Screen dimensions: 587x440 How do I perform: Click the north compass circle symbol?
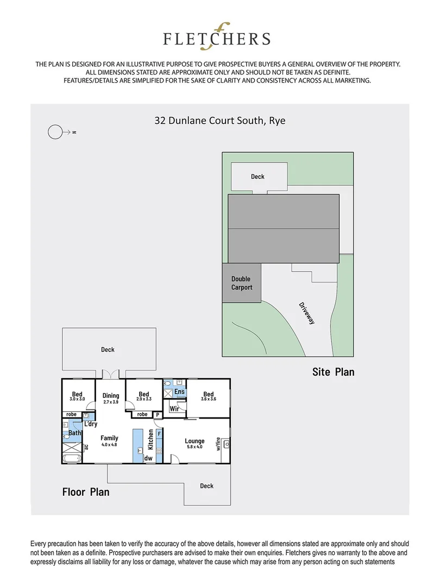coord(55,132)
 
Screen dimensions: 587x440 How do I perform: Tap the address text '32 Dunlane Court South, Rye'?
coord(220,120)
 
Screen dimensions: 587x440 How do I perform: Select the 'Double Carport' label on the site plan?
coord(241,283)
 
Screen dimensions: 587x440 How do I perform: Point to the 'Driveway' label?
coord(307,313)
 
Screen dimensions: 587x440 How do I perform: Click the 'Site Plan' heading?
coord(333,372)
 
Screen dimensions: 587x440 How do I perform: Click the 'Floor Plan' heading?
coord(85,492)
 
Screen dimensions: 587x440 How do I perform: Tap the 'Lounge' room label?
coord(194,441)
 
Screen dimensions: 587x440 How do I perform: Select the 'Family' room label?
coord(110,438)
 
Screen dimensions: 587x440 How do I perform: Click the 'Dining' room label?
coord(110,396)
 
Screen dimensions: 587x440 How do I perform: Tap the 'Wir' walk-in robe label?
coord(174,408)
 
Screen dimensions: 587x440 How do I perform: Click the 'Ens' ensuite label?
coord(179,392)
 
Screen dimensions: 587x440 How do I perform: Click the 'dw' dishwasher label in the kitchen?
coord(148,458)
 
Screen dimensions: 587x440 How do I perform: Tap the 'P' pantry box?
coord(158,414)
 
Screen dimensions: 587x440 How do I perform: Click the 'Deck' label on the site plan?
coord(257,176)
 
